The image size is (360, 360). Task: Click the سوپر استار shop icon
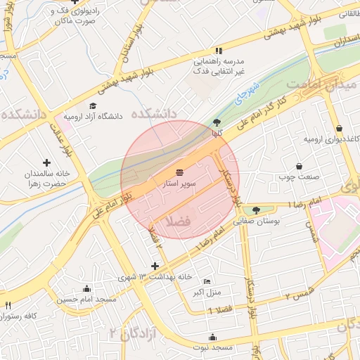[180, 172]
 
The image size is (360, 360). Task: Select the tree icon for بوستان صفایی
[255, 210]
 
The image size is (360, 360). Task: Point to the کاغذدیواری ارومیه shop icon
[340, 129]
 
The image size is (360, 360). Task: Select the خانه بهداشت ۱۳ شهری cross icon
[155, 266]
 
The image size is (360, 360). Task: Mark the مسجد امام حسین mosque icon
[86, 288]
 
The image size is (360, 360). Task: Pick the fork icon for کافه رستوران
[8, 305]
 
